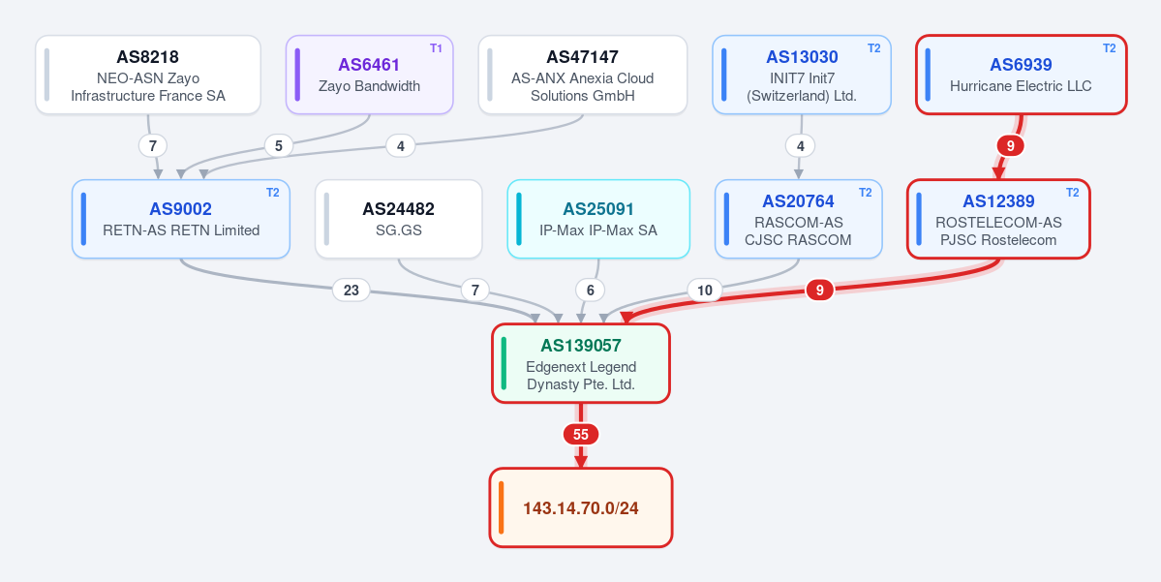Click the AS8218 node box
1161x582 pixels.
click(148, 75)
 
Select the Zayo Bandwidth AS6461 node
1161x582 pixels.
click(370, 75)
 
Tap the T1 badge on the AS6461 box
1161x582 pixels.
click(436, 48)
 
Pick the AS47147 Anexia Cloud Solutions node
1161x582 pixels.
click(583, 75)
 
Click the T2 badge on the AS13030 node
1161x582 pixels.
click(873, 48)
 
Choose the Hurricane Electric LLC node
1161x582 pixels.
click(1021, 75)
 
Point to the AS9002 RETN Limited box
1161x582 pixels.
click(181, 219)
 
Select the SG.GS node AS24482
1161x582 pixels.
click(398, 219)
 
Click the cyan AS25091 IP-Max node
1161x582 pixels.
click(598, 219)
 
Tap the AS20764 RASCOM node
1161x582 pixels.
click(799, 219)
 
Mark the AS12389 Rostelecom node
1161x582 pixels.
click(999, 219)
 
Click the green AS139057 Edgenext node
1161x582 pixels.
click(581, 363)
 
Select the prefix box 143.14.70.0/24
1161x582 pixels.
click(581, 508)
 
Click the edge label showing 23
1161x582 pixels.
click(351, 291)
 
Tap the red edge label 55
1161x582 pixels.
click(581, 435)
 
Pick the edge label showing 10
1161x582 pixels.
click(705, 291)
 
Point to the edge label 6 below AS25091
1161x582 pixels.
click(590, 291)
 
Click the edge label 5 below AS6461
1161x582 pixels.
click(279, 146)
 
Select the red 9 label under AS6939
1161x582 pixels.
click(1010, 146)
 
